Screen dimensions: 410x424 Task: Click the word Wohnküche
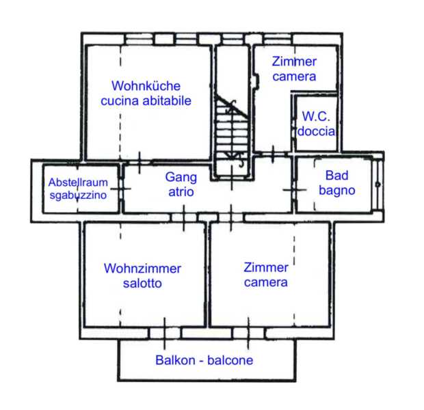click(x=146, y=86)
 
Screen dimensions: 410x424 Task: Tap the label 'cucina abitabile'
click(x=146, y=101)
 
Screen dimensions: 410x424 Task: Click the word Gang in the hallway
click(x=181, y=178)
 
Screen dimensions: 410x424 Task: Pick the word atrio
click(x=181, y=193)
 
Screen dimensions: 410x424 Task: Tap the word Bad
click(x=336, y=176)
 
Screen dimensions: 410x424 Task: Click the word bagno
click(x=336, y=191)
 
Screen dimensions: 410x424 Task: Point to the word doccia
click(x=317, y=130)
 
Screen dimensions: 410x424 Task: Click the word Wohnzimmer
click(x=142, y=269)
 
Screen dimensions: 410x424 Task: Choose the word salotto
click(x=142, y=284)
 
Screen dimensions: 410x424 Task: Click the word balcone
click(x=230, y=360)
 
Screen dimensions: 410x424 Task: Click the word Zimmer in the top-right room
click(x=294, y=61)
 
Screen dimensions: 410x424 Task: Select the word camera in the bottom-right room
click(x=266, y=282)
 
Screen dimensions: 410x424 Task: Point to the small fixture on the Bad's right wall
click(x=377, y=184)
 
